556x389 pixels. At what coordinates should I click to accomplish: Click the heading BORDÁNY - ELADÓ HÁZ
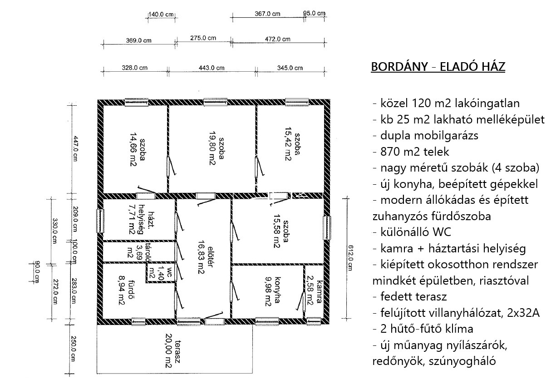click(x=438, y=67)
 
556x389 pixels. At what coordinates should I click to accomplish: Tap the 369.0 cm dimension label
click(x=138, y=40)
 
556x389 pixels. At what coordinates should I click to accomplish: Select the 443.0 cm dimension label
click(x=212, y=68)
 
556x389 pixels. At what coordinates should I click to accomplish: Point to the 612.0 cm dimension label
click(x=350, y=258)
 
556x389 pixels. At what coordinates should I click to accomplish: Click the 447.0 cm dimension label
click(x=75, y=148)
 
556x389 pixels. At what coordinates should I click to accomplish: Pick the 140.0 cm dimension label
click(x=161, y=15)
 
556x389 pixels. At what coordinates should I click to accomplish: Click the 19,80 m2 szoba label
click(x=216, y=148)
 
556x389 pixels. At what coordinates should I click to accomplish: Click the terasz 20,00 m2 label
click(x=173, y=350)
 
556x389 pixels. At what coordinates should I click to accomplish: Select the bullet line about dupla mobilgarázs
click(x=425, y=136)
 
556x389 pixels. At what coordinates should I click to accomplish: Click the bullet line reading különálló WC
click(x=412, y=232)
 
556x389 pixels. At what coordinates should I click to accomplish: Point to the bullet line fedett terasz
click(x=409, y=297)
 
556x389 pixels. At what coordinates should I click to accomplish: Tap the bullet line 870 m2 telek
click(x=411, y=152)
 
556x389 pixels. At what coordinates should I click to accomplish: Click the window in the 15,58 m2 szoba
click(x=327, y=228)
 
